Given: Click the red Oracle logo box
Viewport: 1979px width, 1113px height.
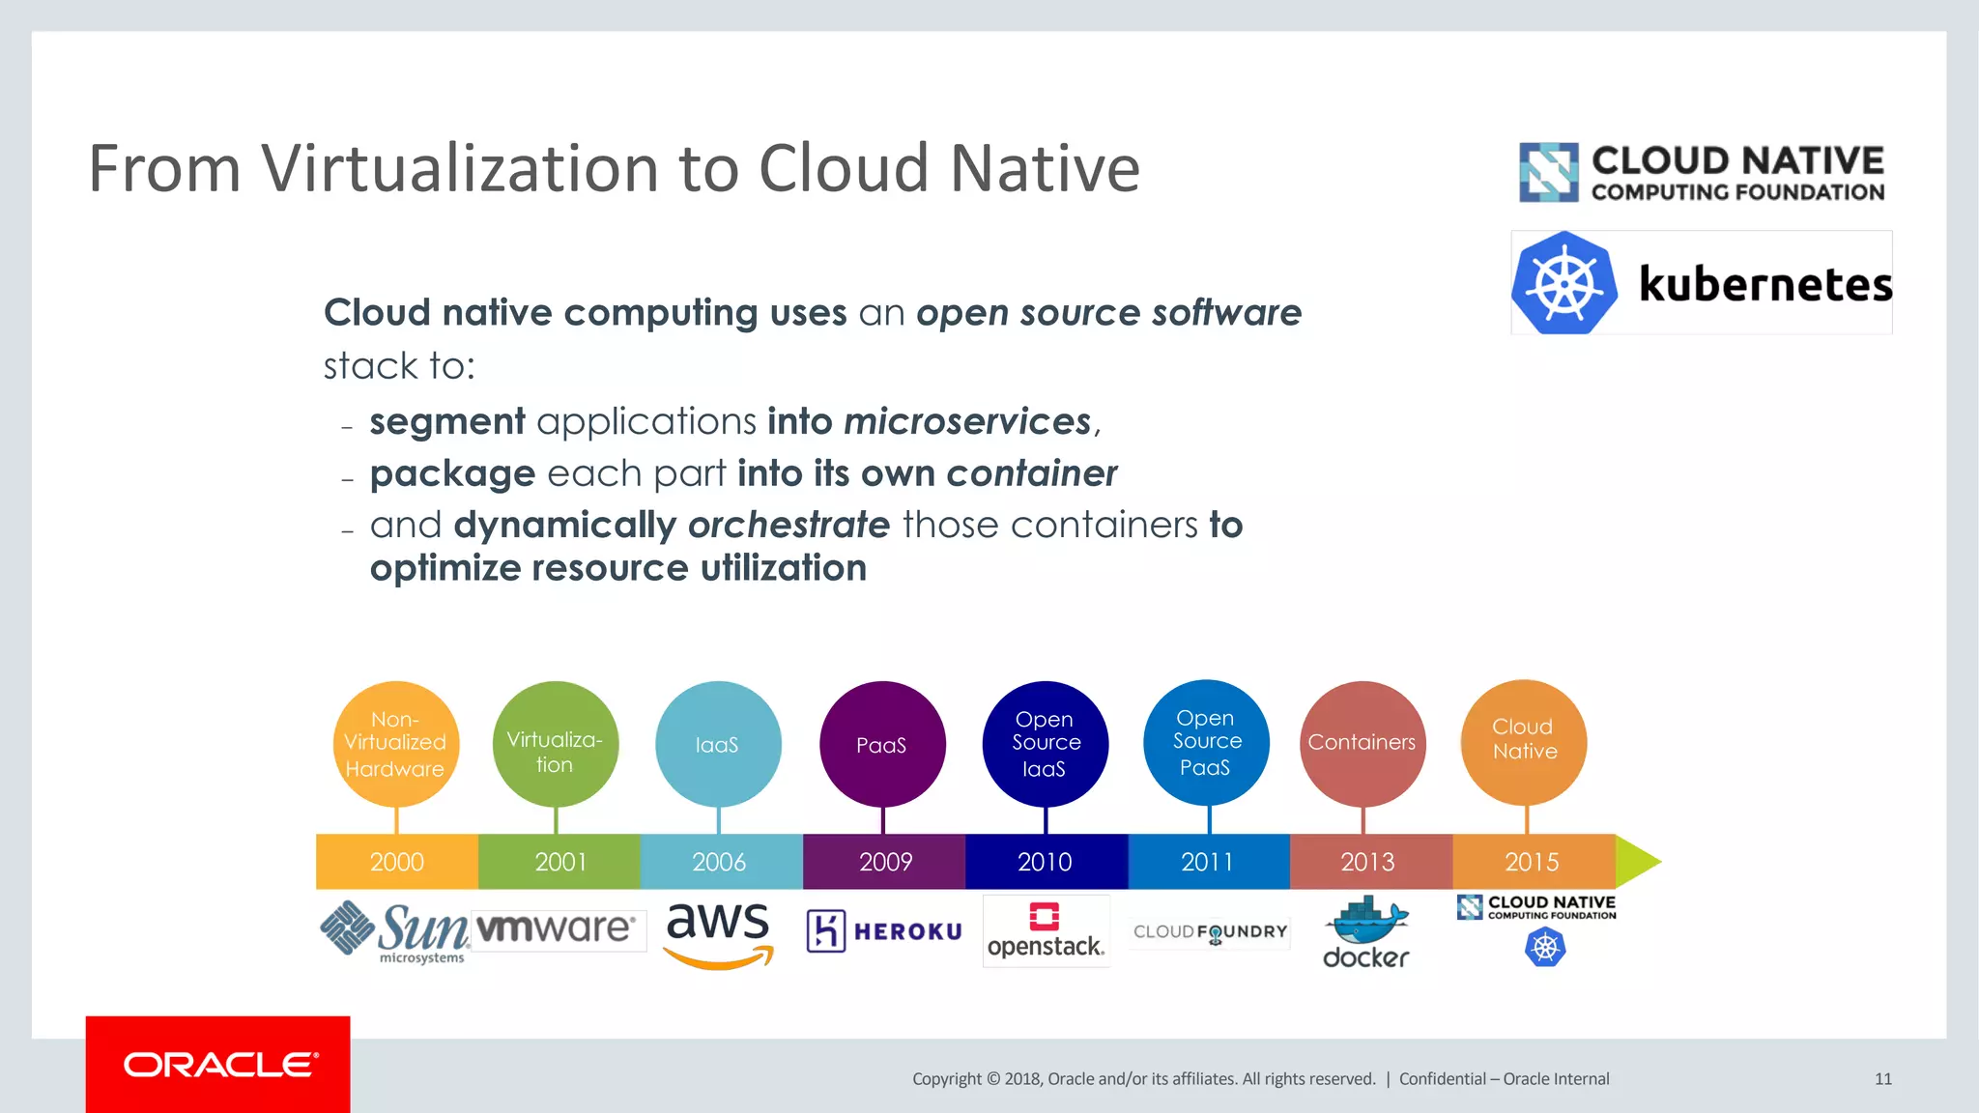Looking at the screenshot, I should pyautogui.click(x=217, y=1064).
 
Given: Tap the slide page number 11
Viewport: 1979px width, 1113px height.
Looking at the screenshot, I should pyautogui.click(x=1882, y=1079).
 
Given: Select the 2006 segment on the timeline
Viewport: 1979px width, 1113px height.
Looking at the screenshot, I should pyautogui.click(x=720, y=861).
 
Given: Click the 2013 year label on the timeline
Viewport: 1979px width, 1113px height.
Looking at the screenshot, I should pyautogui.click(x=1367, y=861).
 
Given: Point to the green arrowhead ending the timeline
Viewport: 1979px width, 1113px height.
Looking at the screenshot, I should pyautogui.click(x=1637, y=861).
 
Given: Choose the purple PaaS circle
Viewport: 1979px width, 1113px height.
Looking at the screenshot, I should pyautogui.click(x=882, y=744).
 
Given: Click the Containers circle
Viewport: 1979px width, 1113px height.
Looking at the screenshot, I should pyautogui.click(x=1362, y=742).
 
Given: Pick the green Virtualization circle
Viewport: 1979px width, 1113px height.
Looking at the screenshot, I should pyautogui.click(x=555, y=744).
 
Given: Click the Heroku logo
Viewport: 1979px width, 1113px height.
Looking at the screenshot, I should pyautogui.click(x=884, y=931).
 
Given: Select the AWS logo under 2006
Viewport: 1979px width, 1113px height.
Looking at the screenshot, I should pyautogui.click(x=719, y=933).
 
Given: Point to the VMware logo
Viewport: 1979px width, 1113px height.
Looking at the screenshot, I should pyautogui.click(x=557, y=928).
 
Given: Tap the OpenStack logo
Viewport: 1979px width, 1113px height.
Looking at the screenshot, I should pyautogui.click(x=1046, y=931).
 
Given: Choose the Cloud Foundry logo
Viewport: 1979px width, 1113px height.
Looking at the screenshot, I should pyautogui.click(x=1210, y=932).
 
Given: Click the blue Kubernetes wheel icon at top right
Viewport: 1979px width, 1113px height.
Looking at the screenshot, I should pyautogui.click(x=1563, y=284).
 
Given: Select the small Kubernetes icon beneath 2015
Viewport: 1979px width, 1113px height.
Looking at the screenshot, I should pyautogui.click(x=1544, y=948).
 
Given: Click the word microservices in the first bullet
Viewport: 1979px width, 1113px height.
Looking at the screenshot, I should pyautogui.click(x=967, y=421).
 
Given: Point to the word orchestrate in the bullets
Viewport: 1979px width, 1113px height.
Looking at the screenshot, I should pyautogui.click(x=789, y=525).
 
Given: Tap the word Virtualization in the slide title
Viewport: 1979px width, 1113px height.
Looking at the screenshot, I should pyautogui.click(x=460, y=168).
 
